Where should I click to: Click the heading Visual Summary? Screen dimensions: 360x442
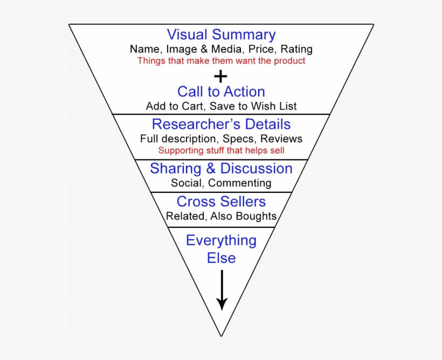click(221, 34)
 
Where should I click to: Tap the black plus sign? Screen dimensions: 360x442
click(220, 76)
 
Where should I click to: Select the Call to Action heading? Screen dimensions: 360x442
click(221, 92)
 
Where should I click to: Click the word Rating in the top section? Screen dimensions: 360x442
click(296, 49)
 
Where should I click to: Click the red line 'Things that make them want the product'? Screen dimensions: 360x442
click(221, 61)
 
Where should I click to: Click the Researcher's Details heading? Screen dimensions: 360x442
click(221, 124)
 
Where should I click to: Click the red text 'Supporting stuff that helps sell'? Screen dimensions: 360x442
click(221, 150)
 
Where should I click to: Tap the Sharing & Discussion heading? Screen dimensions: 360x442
click(221, 168)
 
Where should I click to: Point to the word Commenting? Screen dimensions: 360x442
click(239, 183)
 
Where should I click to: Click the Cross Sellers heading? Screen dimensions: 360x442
click(221, 202)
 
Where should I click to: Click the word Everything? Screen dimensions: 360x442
click(221, 240)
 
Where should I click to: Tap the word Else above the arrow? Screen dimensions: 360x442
click(221, 258)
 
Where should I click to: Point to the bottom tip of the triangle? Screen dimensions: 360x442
click(221, 335)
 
